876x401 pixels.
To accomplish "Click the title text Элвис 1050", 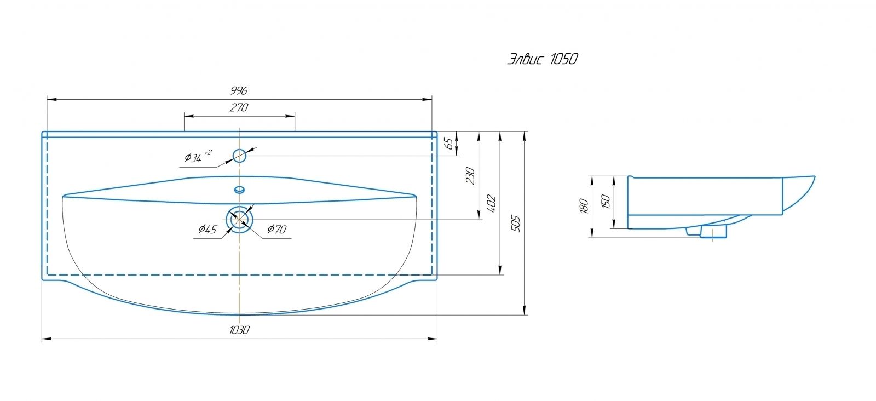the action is coord(543,59).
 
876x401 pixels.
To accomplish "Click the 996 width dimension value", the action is coord(239,91).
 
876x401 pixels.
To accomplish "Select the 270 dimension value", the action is coord(239,107).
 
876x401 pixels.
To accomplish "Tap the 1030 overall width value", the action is coord(239,330).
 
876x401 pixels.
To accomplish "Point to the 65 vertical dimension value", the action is coord(449,144).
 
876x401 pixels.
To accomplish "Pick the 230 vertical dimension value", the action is coord(470,176).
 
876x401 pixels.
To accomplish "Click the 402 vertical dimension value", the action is coord(492,203).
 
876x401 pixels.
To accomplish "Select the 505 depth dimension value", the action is coord(516,224).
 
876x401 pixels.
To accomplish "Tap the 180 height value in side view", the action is coord(584,206).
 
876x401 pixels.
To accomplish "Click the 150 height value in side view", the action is coord(606,201).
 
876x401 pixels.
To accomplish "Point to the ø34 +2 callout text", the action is coord(198,156).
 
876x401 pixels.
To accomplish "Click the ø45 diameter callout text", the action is coord(208,229).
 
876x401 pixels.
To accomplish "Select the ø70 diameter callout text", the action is coord(277,229).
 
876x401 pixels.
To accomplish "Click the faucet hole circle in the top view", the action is coord(239,150).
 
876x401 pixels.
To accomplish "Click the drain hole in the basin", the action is coord(239,207).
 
